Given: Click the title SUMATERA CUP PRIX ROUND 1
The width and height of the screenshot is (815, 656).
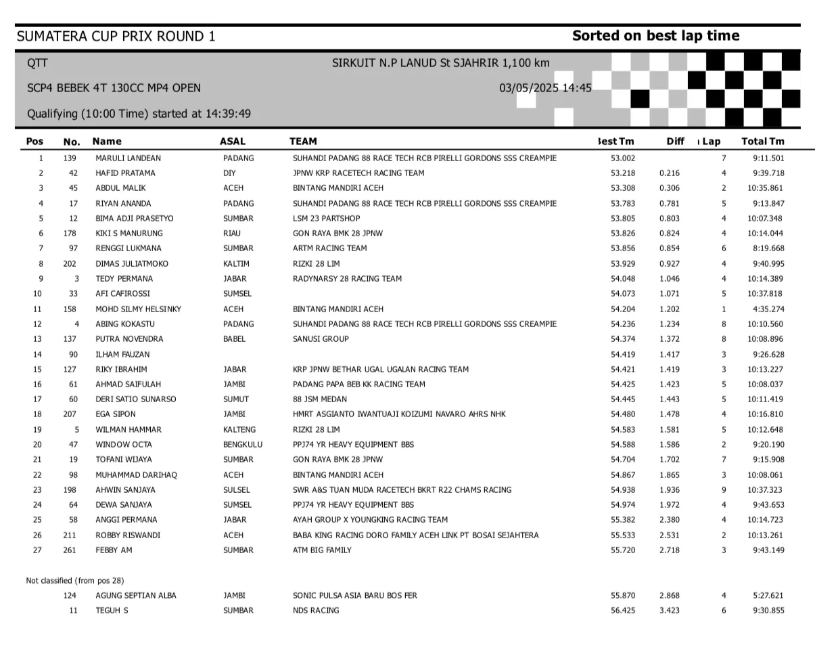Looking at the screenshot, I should [x=116, y=36].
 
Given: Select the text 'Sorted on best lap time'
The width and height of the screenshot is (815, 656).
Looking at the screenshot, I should [x=655, y=36].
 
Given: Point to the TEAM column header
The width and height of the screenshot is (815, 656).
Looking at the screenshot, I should [x=302, y=141].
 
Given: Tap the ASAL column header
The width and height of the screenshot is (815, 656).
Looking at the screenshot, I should [x=233, y=141].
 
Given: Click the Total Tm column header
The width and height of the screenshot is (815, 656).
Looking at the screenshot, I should [x=763, y=141].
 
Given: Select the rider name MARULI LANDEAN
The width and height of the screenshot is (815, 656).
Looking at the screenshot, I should [x=129, y=158].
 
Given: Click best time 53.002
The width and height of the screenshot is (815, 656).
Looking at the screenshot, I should [x=622, y=158].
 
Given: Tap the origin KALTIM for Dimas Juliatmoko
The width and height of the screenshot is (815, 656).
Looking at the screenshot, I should [x=236, y=264].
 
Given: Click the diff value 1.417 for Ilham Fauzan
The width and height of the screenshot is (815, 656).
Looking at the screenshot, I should [x=670, y=354].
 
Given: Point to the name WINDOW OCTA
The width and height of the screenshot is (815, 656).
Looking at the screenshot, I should [x=124, y=445].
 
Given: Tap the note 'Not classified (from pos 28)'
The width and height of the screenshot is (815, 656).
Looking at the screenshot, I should [x=75, y=581].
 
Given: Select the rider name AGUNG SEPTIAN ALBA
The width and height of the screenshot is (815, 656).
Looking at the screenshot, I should [x=136, y=596].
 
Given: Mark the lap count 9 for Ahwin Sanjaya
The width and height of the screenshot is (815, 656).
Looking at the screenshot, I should [x=724, y=490].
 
